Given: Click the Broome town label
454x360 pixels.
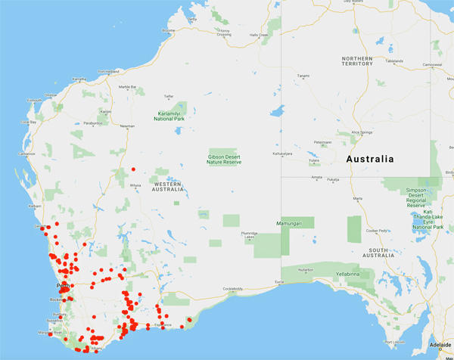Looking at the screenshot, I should click(168, 31).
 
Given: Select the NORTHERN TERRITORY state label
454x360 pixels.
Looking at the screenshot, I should click(357, 61).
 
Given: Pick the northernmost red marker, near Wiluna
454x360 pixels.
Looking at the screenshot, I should click(133, 169).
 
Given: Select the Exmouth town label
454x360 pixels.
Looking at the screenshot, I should click(34, 100).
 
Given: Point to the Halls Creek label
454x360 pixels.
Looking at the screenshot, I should click(259, 35).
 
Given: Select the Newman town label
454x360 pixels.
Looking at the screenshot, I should click(127, 126).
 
